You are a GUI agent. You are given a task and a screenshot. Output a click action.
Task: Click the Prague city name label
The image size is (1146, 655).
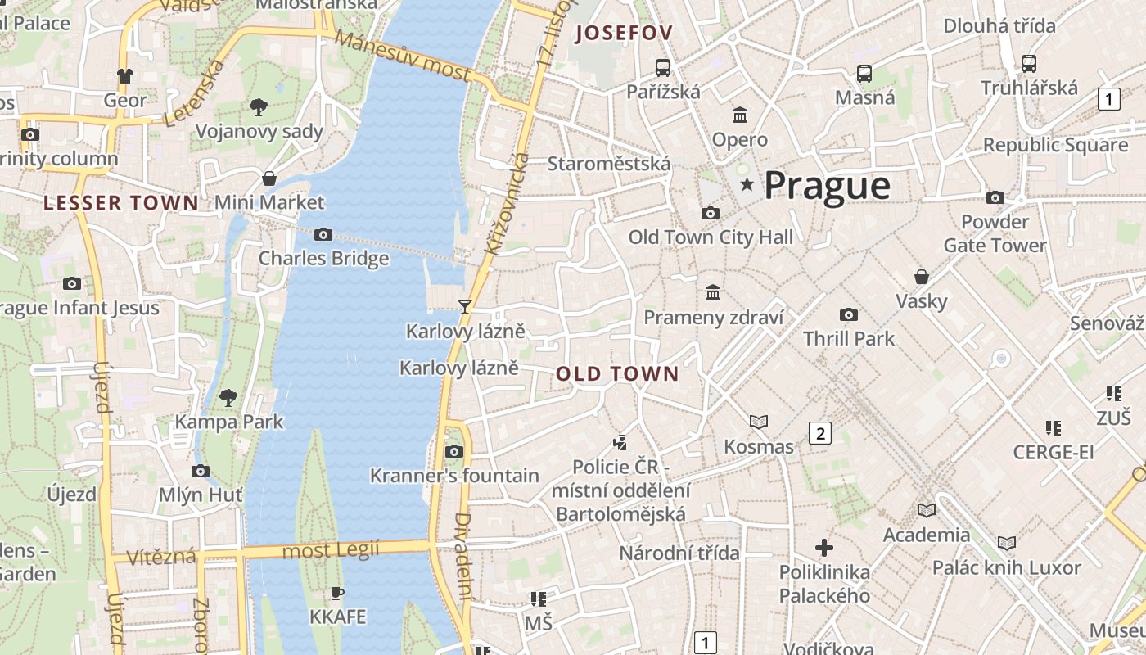(x=827, y=186)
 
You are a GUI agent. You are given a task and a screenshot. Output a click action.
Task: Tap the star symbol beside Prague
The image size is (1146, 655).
(x=747, y=185)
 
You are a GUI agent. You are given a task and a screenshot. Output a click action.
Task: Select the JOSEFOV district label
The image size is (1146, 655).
(x=624, y=34)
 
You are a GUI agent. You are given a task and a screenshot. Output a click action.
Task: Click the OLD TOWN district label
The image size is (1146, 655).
(x=617, y=374)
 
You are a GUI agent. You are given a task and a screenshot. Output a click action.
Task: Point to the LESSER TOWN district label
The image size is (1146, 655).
(x=120, y=203)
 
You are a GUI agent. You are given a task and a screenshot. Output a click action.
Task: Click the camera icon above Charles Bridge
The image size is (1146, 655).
(x=323, y=235)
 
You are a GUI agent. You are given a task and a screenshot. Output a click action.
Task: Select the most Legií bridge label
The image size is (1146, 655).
(x=331, y=550)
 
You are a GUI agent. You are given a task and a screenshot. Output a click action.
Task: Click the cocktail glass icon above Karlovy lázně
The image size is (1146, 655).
(x=465, y=307)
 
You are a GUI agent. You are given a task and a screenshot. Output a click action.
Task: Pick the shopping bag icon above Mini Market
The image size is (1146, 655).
(x=268, y=178)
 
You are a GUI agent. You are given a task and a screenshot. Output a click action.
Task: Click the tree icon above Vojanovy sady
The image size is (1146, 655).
(x=259, y=106)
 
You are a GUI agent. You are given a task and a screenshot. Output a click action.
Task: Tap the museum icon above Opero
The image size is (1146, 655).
(x=740, y=115)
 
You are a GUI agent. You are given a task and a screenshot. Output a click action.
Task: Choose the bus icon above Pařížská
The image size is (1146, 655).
(x=663, y=67)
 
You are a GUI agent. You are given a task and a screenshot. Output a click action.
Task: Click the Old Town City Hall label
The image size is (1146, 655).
(x=711, y=237)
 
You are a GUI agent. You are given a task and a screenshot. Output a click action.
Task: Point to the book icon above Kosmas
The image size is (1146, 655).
(x=759, y=422)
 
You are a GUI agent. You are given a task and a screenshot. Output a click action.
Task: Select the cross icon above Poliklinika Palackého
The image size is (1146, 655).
(x=824, y=547)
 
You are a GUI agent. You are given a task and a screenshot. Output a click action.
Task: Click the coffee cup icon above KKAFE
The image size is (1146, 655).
(x=337, y=593)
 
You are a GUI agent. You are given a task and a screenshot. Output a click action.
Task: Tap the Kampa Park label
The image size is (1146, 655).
(x=229, y=422)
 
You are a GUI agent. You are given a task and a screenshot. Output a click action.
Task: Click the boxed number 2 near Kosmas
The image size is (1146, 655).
(x=820, y=433)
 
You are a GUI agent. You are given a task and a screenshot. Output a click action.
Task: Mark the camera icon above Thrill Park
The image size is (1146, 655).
(x=849, y=314)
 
